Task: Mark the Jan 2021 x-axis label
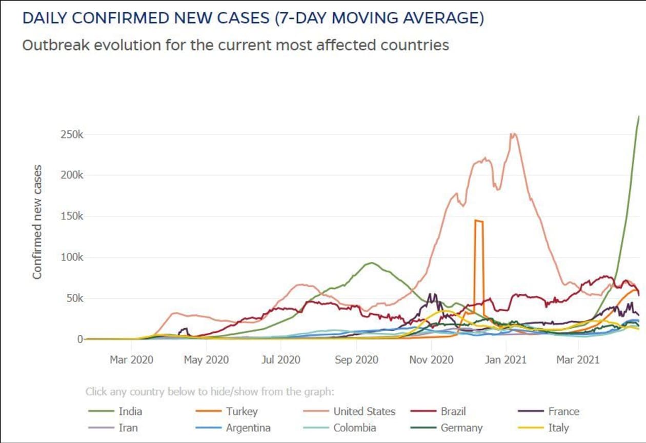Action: pos(506,360)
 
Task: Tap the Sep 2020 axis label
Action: pos(357,360)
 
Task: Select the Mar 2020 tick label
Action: pos(131,360)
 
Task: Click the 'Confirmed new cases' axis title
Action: pos(37,222)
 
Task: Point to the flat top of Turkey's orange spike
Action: pos(479,221)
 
